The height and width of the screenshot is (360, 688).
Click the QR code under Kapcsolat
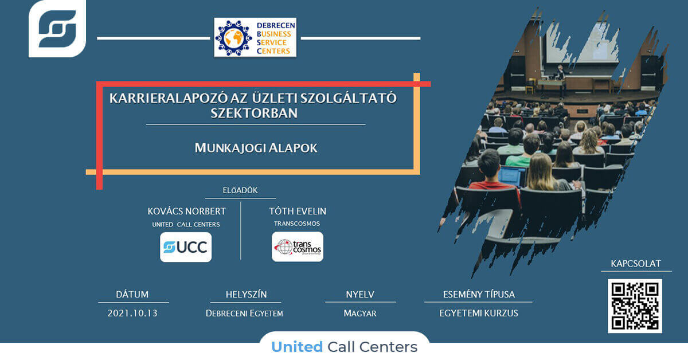(635, 306)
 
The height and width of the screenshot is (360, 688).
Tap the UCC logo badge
(186, 247)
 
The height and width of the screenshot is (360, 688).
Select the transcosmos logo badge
(298, 246)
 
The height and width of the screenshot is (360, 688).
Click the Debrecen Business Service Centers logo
(255, 37)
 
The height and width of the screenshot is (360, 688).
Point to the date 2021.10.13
(132, 314)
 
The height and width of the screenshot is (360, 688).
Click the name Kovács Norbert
(187, 212)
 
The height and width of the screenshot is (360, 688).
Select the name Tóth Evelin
(298, 212)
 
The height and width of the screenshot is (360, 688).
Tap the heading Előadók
(240, 190)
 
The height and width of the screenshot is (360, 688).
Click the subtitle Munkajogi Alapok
(256, 148)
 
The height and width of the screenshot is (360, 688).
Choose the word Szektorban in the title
(254, 113)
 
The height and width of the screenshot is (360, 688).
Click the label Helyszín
(246, 294)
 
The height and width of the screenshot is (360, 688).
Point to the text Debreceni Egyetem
(244, 314)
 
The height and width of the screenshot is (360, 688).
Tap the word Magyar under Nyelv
(360, 314)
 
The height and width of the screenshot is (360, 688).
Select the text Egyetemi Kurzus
(479, 314)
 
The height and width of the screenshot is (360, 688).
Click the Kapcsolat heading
(636, 264)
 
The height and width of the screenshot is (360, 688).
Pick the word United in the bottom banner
(297, 347)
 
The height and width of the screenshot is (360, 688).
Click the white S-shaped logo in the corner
(57, 29)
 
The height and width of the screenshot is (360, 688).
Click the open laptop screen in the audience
(511, 176)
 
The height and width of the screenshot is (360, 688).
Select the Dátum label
(132, 294)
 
